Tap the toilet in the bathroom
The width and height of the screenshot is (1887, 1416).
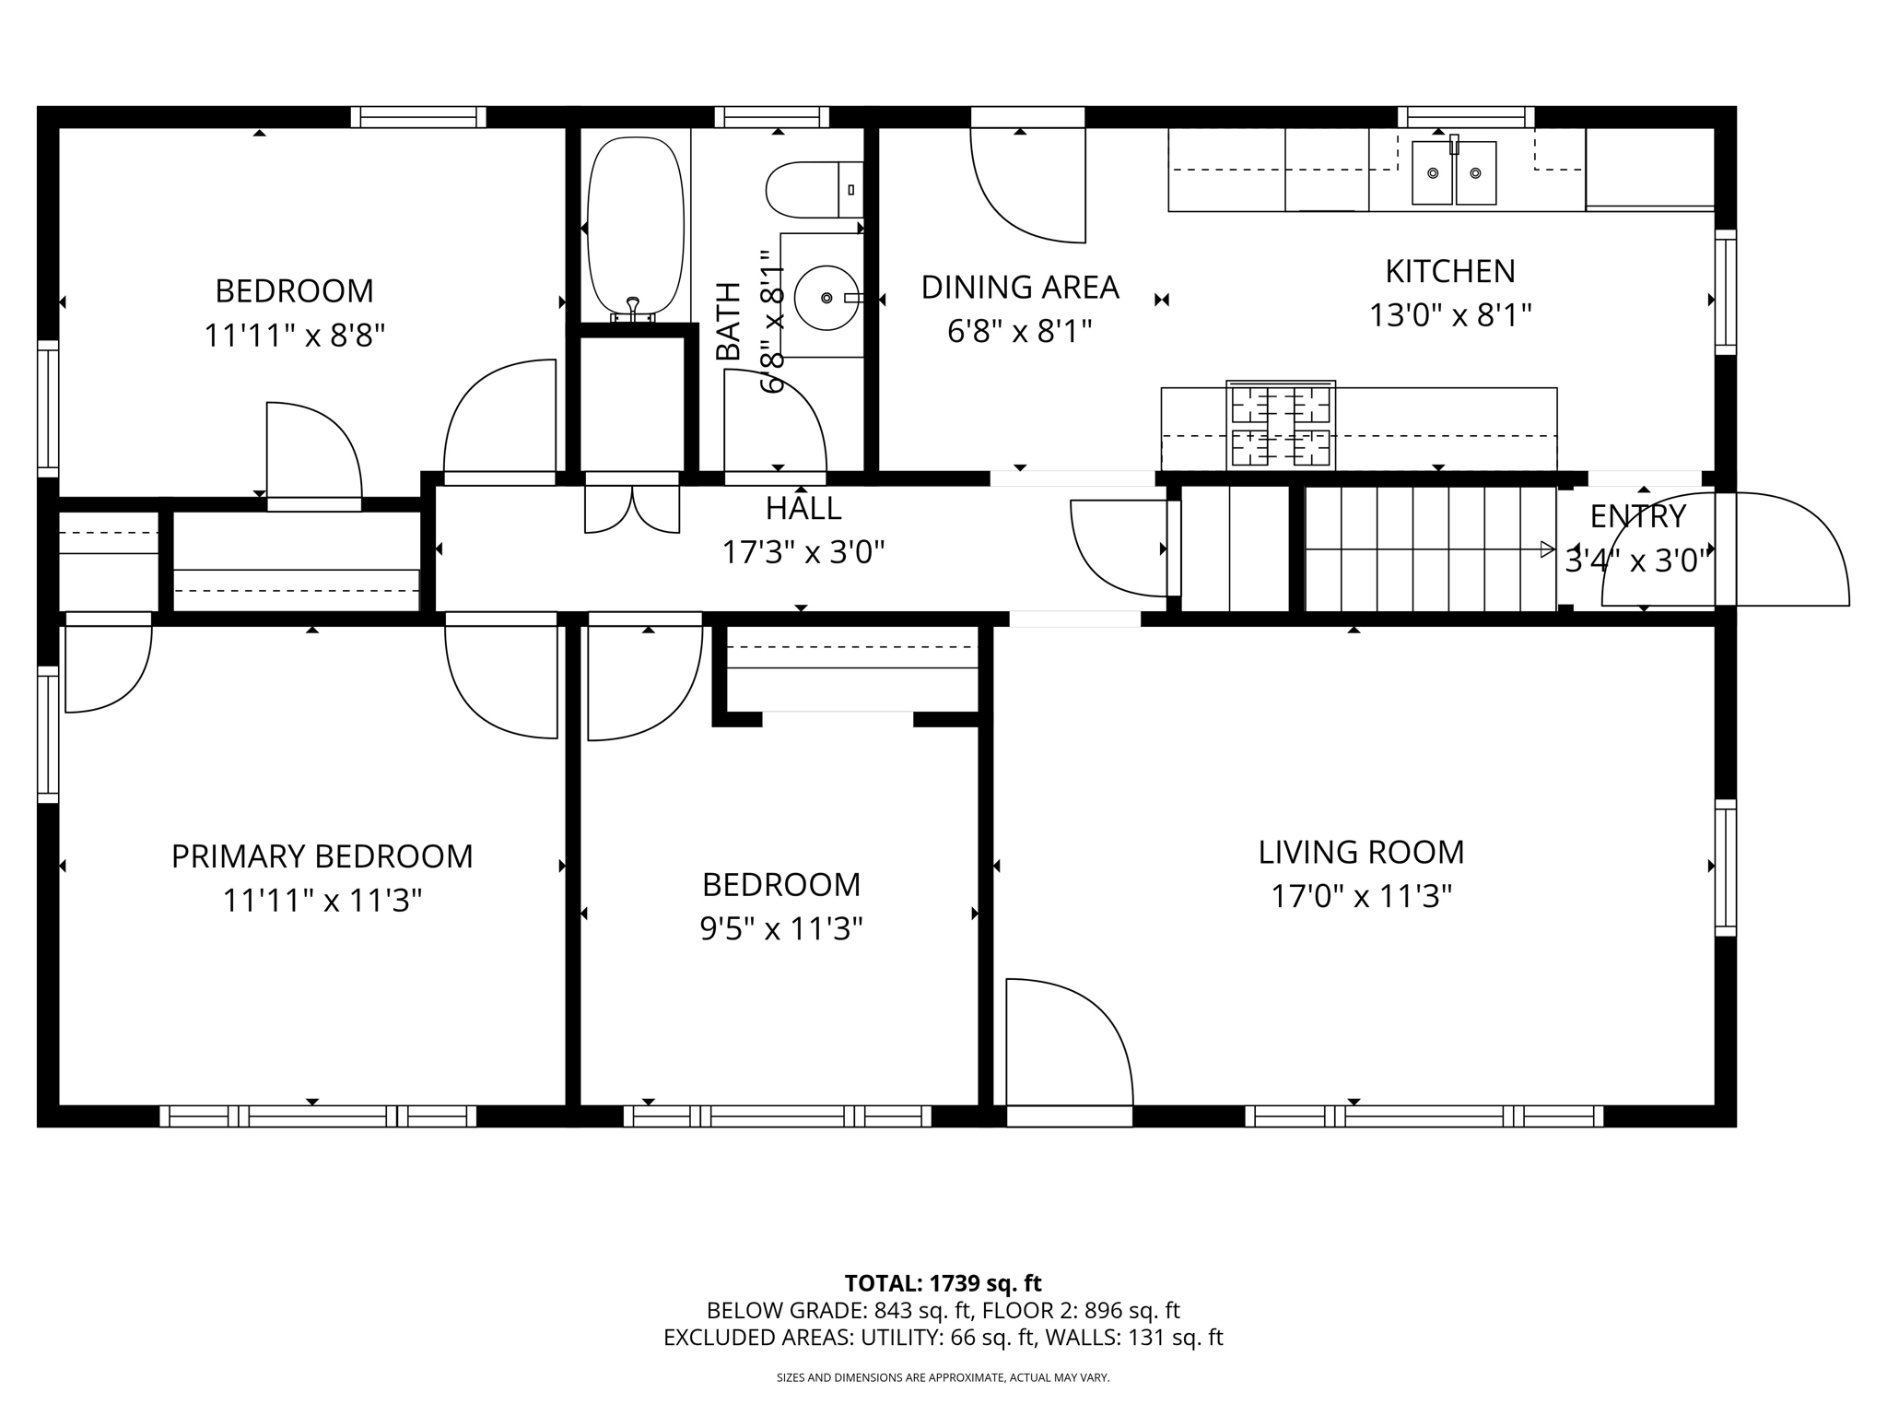click(815, 189)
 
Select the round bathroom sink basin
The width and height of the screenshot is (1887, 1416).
click(826, 298)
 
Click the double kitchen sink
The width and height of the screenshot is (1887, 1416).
click(1455, 172)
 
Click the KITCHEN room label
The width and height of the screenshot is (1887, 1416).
click(1450, 271)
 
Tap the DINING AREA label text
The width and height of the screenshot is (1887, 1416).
click(1020, 288)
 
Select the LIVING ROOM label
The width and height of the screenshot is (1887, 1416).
click(1361, 852)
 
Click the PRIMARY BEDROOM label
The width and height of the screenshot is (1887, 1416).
click(322, 856)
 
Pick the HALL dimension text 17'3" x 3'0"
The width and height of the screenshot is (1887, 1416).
click(803, 552)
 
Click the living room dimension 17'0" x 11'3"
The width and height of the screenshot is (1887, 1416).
click(1361, 896)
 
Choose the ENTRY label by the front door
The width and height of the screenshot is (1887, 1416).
click(1637, 516)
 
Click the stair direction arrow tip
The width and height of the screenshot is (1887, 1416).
click(1554, 549)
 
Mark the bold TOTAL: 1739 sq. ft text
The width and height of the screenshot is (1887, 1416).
click(943, 1283)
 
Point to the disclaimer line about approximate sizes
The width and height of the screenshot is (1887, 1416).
click(943, 1378)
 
